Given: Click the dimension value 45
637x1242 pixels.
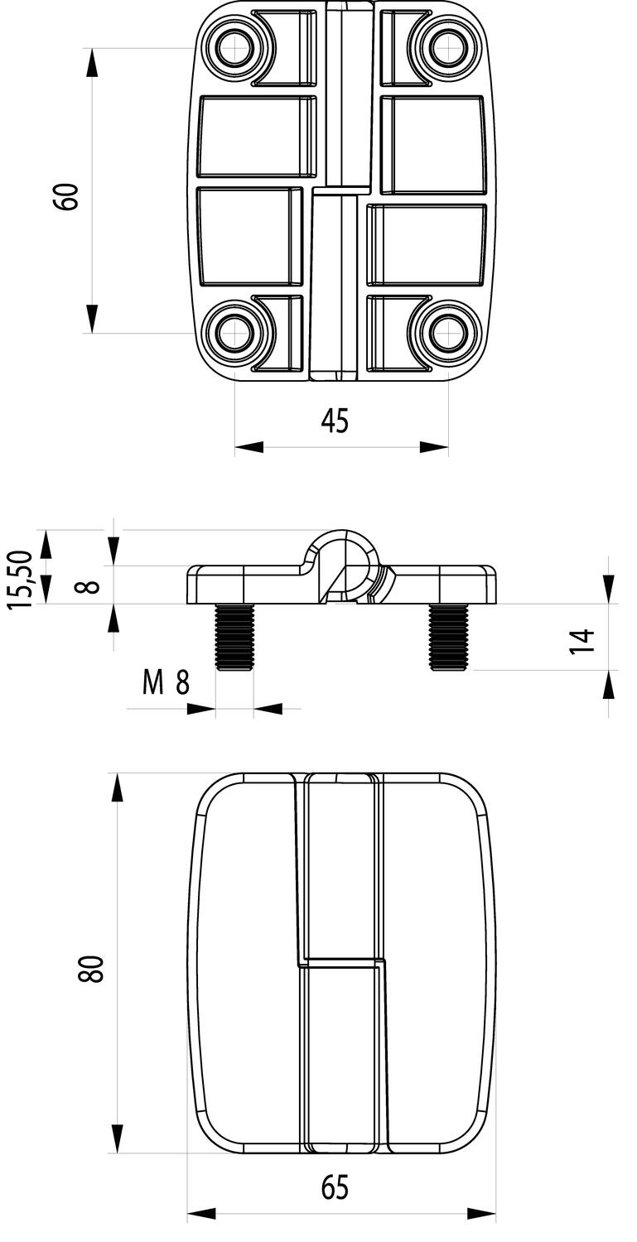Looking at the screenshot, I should click(x=335, y=421).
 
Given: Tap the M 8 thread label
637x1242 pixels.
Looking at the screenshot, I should click(x=166, y=683).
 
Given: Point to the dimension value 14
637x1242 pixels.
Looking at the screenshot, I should click(x=584, y=641).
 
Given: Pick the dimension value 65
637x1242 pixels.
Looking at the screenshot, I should click(x=335, y=1188).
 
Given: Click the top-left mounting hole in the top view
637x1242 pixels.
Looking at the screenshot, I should click(x=235, y=47).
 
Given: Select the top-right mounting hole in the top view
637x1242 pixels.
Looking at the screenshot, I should click(x=447, y=47).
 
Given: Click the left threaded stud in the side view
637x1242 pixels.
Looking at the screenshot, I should click(x=234, y=637).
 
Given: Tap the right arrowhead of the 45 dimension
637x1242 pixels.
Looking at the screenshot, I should click(x=434, y=447).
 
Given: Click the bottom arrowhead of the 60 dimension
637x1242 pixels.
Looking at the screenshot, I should click(x=91, y=319).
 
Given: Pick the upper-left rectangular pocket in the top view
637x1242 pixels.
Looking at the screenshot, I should click(x=258, y=137).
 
